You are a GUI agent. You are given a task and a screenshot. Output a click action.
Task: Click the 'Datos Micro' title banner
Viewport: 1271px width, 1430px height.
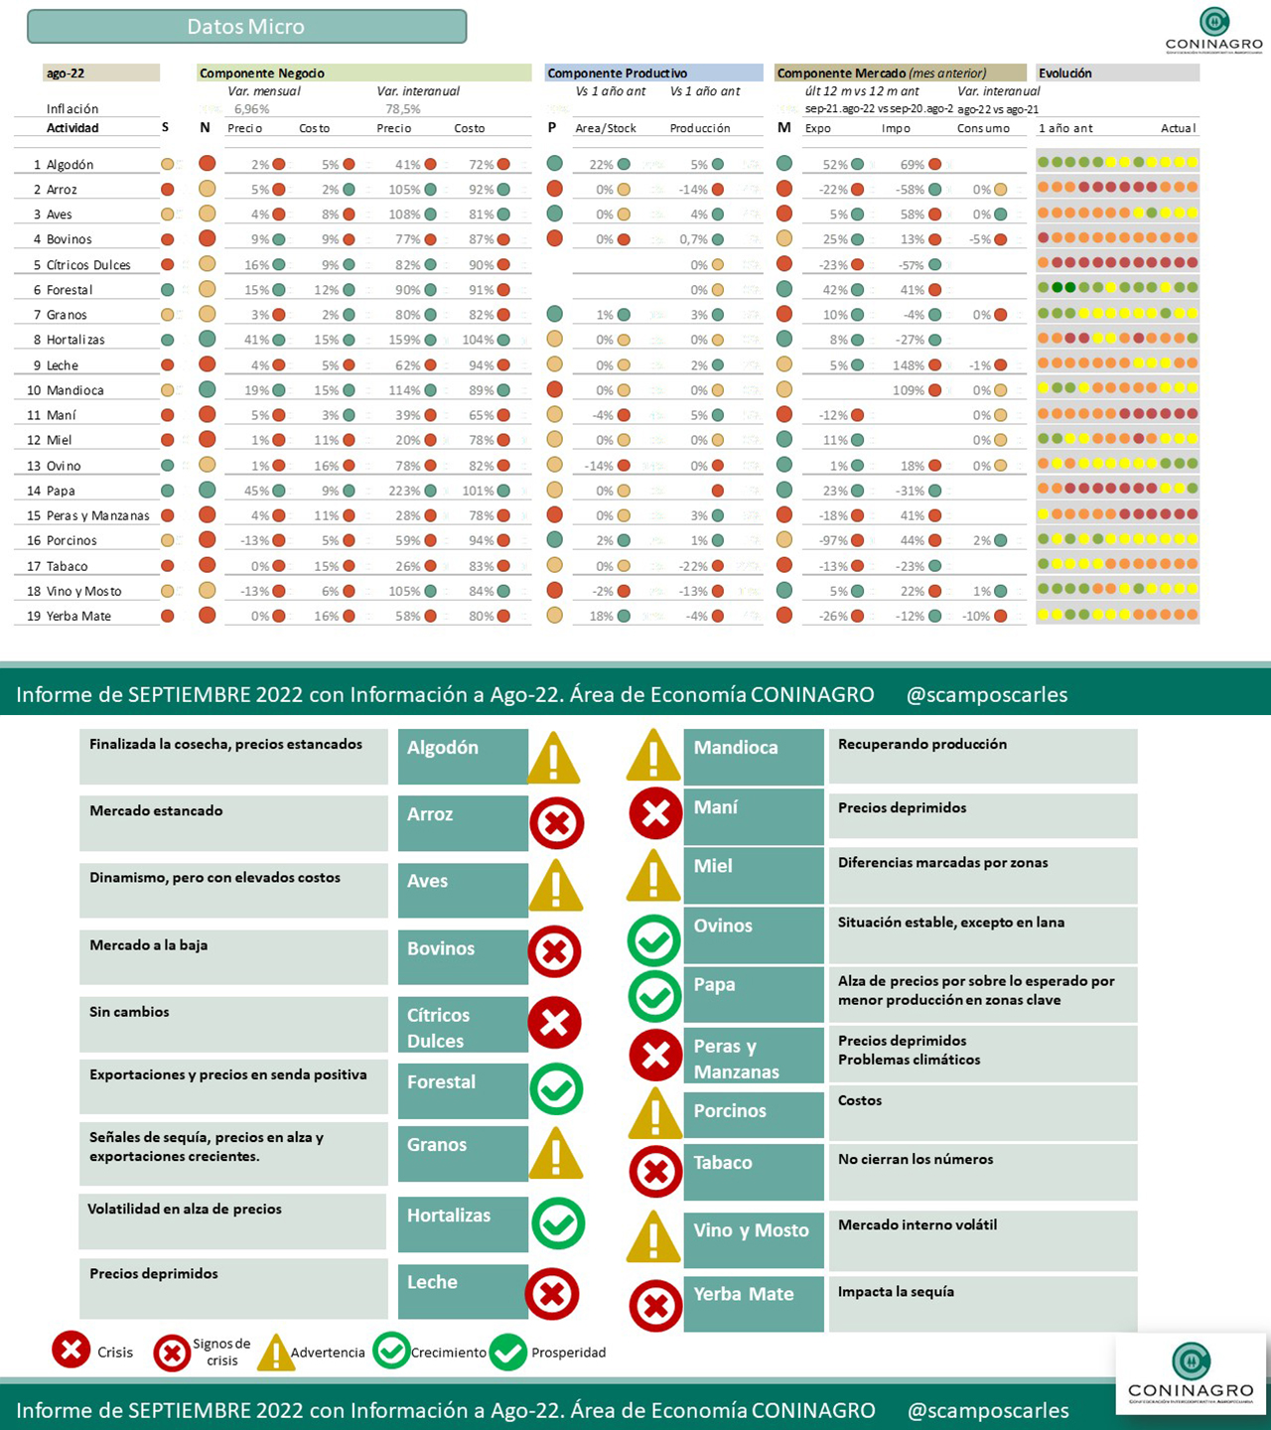click(246, 27)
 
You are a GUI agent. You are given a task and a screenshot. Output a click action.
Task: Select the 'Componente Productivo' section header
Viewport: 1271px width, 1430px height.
click(617, 72)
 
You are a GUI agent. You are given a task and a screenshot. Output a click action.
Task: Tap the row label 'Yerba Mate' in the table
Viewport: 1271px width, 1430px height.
click(78, 616)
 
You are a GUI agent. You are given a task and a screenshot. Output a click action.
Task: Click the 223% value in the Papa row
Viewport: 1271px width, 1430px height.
click(404, 491)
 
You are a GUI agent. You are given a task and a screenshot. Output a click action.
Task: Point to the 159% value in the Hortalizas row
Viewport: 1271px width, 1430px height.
click(404, 340)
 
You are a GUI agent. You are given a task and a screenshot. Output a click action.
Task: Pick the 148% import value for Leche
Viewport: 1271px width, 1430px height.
click(908, 365)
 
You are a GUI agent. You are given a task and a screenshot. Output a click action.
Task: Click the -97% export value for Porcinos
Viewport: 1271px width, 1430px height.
click(833, 540)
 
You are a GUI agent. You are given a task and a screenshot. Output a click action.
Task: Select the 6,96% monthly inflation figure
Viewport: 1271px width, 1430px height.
click(251, 109)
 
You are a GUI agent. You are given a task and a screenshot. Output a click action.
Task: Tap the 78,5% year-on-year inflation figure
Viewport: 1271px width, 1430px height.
click(403, 109)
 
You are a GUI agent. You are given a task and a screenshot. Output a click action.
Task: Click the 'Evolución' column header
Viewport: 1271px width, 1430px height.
click(1064, 72)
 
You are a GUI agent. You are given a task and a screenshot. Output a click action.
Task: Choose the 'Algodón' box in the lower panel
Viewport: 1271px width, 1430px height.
click(462, 755)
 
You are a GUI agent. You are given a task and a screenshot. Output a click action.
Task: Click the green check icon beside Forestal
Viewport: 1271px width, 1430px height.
click(556, 1088)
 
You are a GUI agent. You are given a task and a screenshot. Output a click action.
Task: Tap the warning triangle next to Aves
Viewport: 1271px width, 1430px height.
click(556, 886)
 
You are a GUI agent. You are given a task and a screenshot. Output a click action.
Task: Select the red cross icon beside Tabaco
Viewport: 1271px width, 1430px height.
click(655, 1172)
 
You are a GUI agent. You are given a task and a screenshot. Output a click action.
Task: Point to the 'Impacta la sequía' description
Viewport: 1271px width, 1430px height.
click(896, 1291)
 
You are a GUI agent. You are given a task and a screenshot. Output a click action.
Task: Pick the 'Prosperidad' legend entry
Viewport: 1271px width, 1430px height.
click(567, 1352)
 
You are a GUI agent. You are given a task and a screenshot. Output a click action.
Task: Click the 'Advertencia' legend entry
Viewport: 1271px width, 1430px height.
click(327, 1353)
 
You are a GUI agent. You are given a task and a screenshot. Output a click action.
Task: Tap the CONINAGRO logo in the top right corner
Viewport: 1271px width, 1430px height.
click(1213, 30)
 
